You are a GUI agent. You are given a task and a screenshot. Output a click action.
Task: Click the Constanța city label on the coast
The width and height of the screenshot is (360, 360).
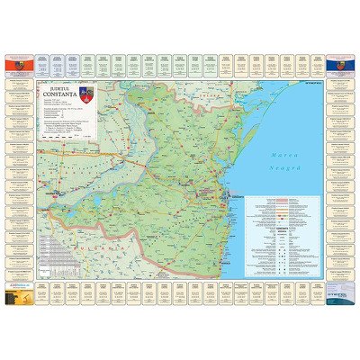(237, 192)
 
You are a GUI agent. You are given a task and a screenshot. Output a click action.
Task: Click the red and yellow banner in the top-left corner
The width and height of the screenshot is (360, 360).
(21, 66)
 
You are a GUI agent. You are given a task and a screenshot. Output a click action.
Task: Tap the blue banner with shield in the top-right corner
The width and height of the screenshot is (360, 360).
(339, 66)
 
